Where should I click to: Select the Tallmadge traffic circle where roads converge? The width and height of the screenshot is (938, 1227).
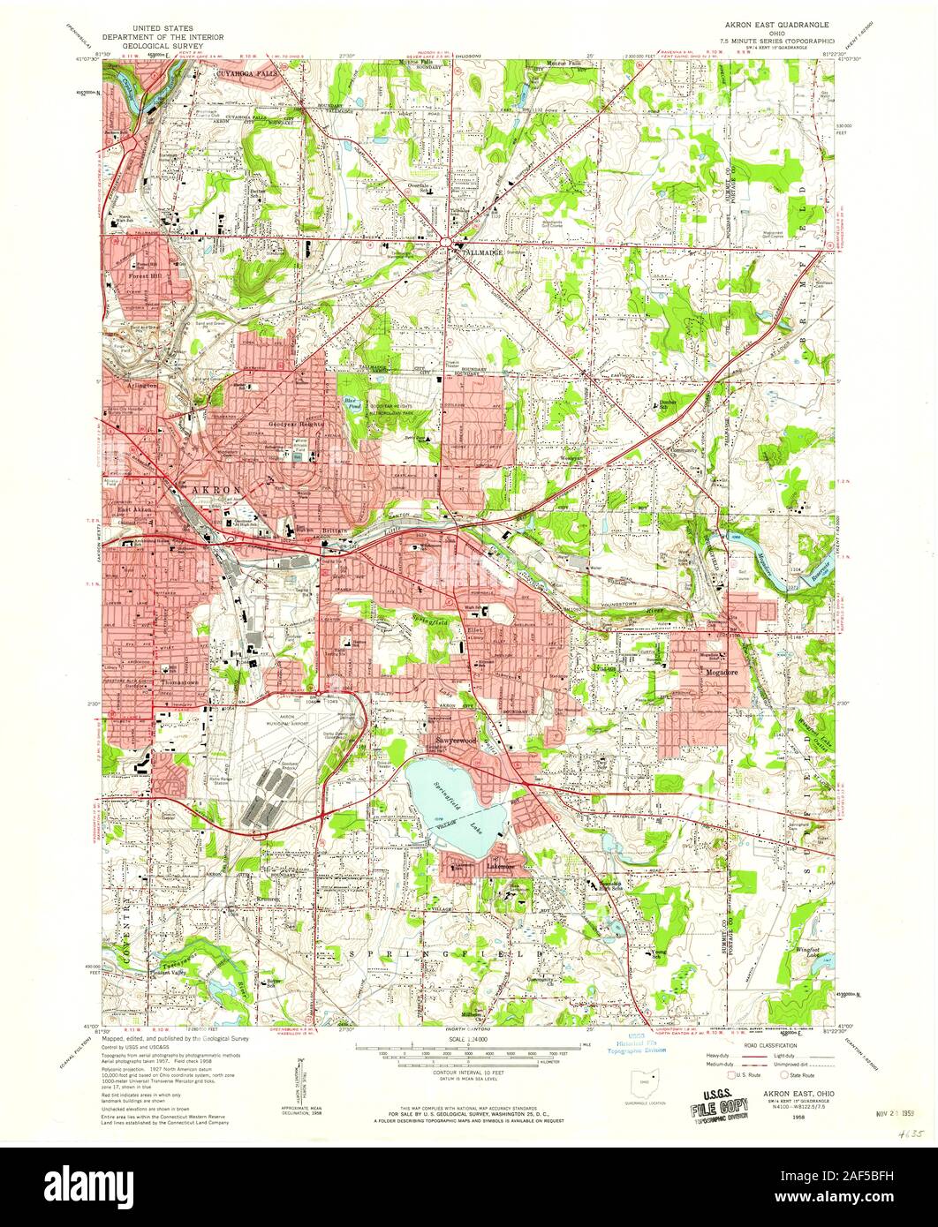[x=449, y=237]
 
